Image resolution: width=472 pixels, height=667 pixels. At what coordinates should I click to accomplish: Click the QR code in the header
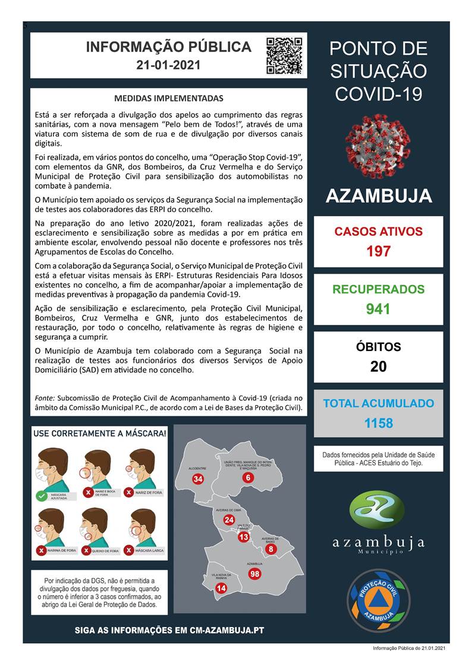click(x=284, y=55)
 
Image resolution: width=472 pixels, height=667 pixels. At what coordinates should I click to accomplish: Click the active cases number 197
click(x=378, y=251)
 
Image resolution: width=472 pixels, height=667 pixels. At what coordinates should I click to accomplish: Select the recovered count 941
click(x=378, y=309)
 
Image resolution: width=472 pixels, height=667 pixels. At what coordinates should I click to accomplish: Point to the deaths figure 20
click(x=378, y=366)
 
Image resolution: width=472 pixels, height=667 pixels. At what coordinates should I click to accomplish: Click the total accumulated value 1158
click(x=378, y=423)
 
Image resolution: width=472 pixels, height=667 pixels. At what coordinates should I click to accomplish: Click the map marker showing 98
click(x=255, y=573)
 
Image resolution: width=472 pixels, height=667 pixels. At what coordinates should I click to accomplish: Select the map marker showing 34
click(x=198, y=479)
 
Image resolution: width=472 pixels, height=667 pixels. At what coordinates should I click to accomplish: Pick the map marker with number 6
click(x=248, y=478)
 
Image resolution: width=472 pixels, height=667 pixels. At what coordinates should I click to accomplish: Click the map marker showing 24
click(x=229, y=520)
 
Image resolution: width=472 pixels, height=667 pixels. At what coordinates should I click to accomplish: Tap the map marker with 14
click(x=221, y=588)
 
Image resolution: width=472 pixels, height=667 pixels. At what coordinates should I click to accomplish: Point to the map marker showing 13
click(x=243, y=537)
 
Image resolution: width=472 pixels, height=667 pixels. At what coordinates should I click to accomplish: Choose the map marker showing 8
click(x=271, y=549)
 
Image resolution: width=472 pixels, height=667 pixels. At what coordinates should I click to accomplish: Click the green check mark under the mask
click(x=42, y=495)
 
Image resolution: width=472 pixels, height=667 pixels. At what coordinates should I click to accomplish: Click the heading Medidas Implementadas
click(x=169, y=98)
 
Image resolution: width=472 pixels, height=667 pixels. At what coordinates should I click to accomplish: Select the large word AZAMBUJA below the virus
click(x=378, y=196)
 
